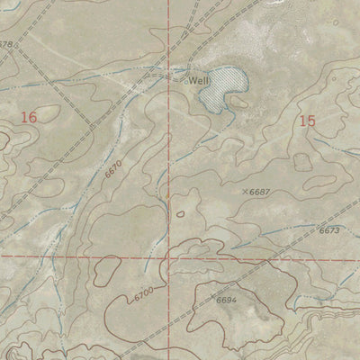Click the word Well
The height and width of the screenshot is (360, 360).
(198, 80)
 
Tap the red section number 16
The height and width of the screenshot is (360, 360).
(29, 117)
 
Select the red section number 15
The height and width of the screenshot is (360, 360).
(308, 120)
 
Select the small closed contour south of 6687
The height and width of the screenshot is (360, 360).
(181, 214)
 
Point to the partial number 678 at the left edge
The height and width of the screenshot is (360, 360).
(7, 44)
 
